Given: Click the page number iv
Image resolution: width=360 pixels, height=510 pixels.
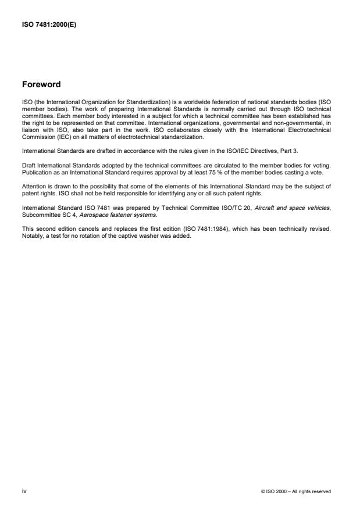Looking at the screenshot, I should click(x=24, y=491).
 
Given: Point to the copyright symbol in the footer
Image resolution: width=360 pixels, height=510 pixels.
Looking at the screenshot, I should click(x=263, y=491).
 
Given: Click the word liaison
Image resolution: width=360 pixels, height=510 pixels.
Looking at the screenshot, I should click(x=30, y=121).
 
